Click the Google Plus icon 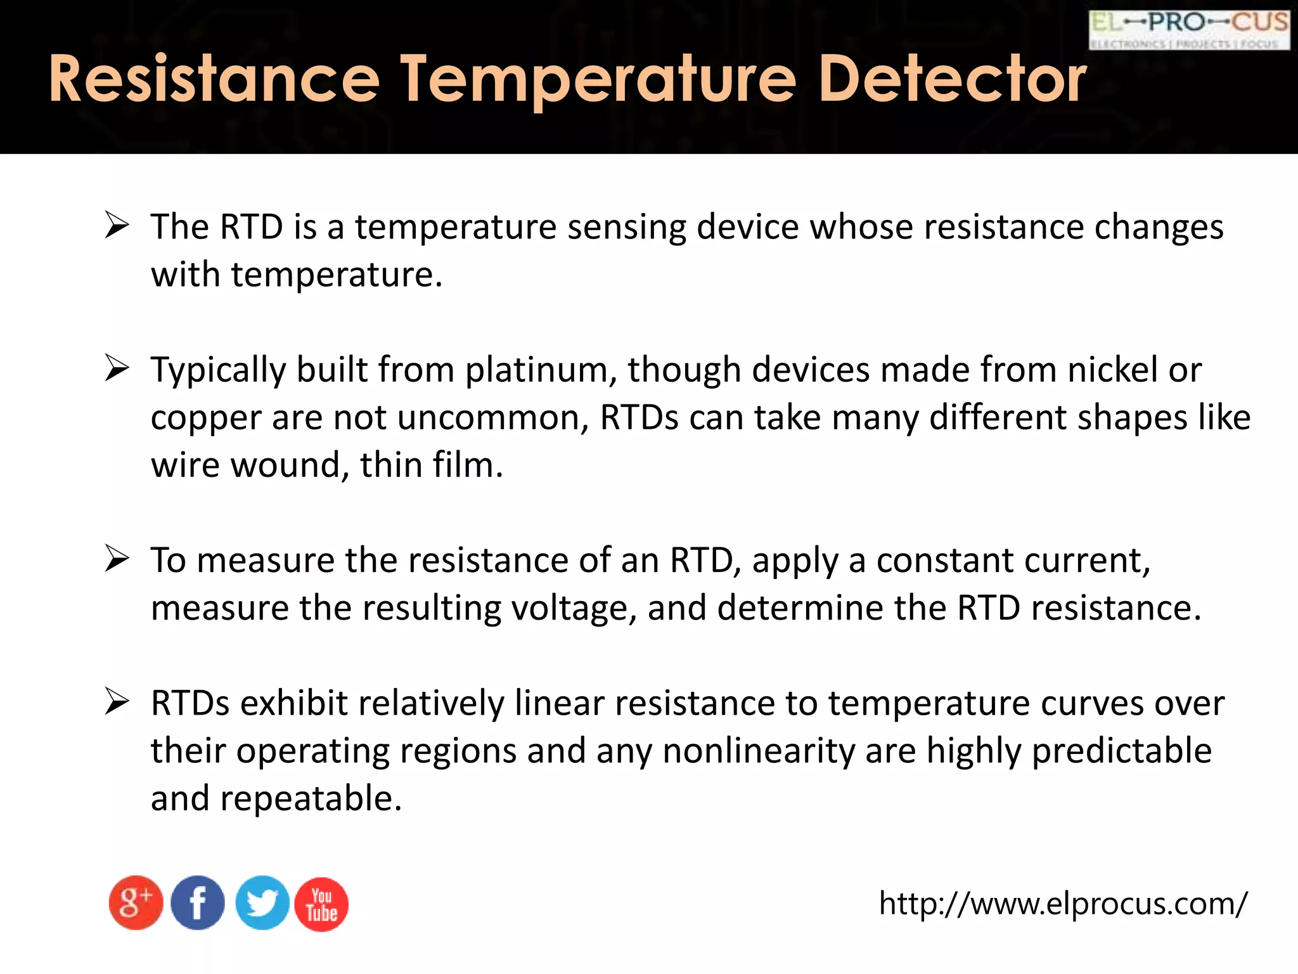pyautogui.click(x=136, y=903)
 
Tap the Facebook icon pyautogui.click(x=198, y=903)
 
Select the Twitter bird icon pyautogui.click(x=262, y=903)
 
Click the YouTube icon pyautogui.click(x=321, y=904)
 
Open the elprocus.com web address pyautogui.click(x=1063, y=903)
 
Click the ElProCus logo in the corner pyautogui.click(x=1189, y=30)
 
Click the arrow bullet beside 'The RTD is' pyautogui.click(x=117, y=225)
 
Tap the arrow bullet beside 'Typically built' pyautogui.click(x=117, y=368)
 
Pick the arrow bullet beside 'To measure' pyautogui.click(x=117, y=559)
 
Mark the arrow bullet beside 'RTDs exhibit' pyautogui.click(x=117, y=701)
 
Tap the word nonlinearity pyautogui.click(x=759, y=751)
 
